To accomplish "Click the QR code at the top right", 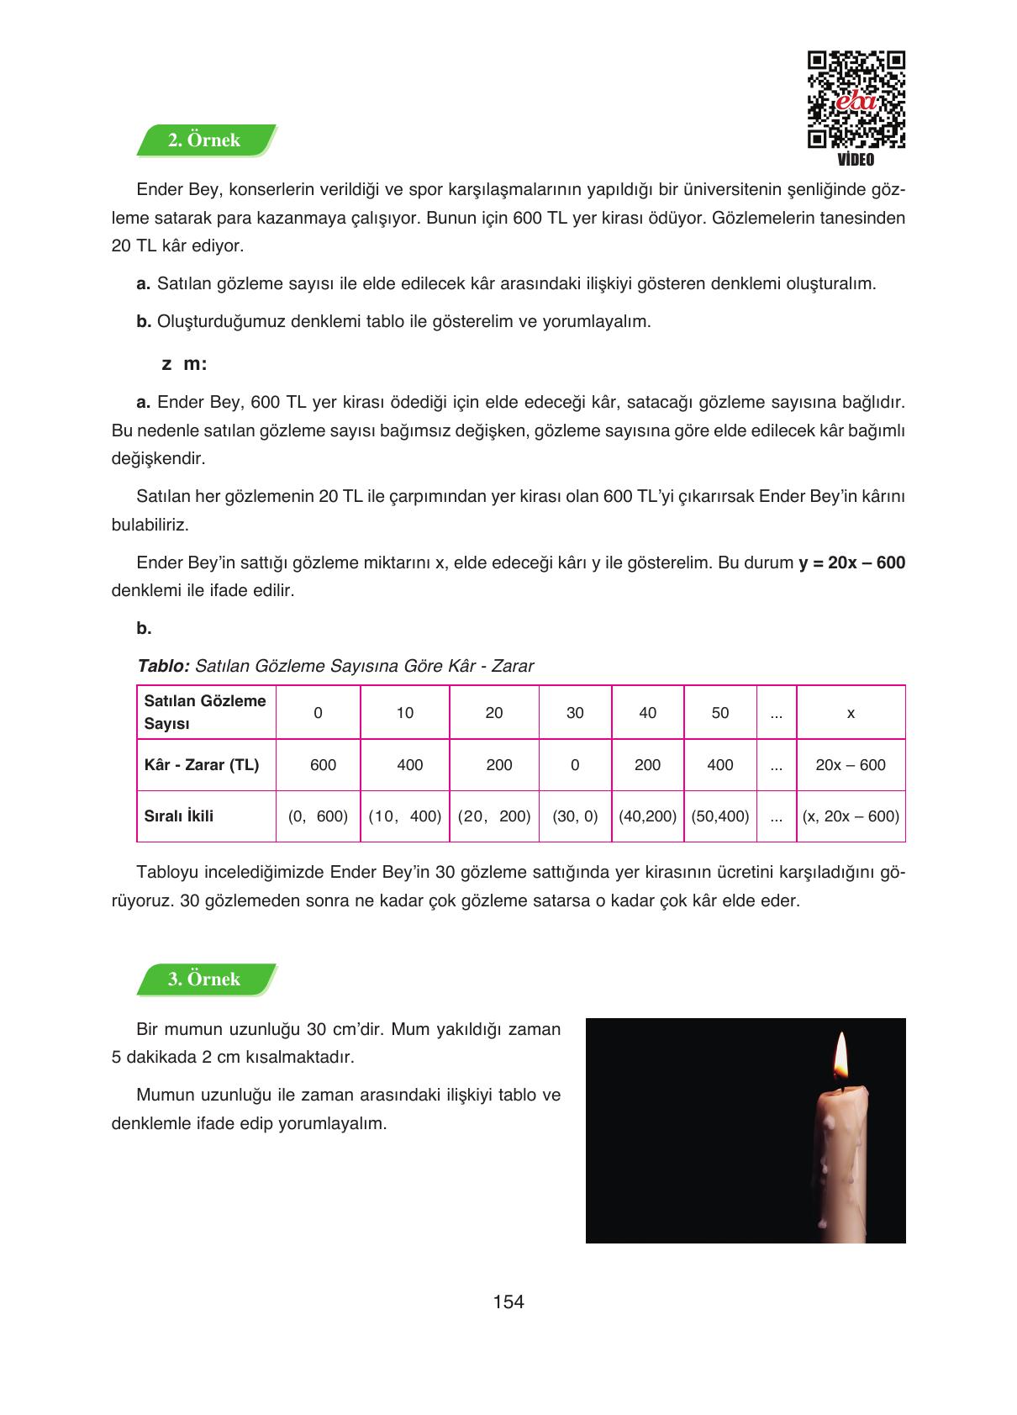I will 856,100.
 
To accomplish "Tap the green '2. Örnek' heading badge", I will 205,140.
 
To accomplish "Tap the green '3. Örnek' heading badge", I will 205,979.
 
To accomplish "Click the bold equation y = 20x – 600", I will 851,562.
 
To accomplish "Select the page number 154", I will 508,1302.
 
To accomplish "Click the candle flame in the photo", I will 840,1059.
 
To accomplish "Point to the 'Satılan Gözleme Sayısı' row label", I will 205,712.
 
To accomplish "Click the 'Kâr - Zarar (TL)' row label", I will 202,765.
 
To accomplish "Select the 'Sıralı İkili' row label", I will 179,816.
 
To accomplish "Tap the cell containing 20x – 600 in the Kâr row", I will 851,765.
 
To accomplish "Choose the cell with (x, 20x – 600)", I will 851,816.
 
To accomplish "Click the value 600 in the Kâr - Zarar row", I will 323,765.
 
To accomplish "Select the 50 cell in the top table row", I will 720,713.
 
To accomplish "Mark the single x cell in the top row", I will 851,713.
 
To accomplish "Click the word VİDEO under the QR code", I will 856,160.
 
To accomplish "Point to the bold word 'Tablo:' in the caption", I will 163,666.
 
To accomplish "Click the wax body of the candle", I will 837,1160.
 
